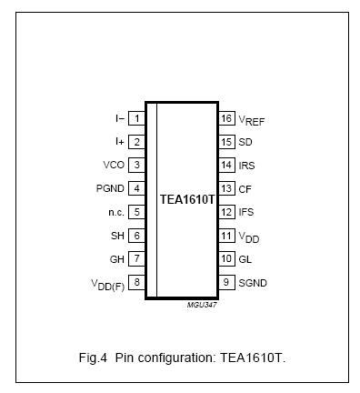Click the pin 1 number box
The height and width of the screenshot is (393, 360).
coord(136,118)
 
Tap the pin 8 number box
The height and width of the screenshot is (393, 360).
coord(136,282)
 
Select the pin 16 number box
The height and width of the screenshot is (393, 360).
coord(226,118)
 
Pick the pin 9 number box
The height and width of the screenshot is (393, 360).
coord(226,282)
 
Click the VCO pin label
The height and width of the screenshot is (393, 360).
coord(115,165)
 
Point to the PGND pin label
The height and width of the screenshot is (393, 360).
coord(111,188)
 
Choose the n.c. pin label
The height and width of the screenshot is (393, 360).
coord(115,212)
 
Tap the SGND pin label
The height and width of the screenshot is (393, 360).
coord(253,282)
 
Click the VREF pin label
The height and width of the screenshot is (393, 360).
coord(252,120)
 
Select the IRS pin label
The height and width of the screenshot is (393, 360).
coord(247,165)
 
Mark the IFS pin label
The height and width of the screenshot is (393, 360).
coord(247,212)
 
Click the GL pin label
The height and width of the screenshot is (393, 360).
coord(245,259)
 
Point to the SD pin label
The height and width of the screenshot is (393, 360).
coord(245,142)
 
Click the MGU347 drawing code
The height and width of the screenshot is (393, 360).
coord(202,305)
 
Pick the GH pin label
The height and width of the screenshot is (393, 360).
coord(117,259)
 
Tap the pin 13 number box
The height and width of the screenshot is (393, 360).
coord(226,188)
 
